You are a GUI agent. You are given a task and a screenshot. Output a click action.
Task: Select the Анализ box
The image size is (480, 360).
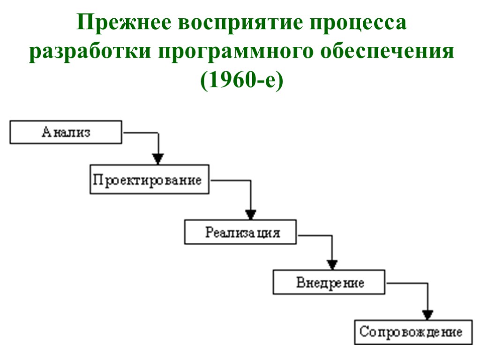tap(66, 132)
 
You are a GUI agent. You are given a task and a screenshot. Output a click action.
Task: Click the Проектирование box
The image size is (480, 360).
tap(150, 180)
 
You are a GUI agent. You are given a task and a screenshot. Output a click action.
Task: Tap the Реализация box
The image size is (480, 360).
tap(240, 232)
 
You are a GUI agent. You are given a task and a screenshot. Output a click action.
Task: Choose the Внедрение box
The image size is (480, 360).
tap(330, 283)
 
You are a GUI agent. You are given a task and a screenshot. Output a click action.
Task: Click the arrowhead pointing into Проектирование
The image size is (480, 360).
tap(159, 158)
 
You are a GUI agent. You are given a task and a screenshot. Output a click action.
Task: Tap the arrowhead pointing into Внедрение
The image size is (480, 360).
tap(332, 264)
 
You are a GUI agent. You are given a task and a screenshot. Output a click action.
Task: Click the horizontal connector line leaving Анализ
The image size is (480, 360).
tap(141, 133)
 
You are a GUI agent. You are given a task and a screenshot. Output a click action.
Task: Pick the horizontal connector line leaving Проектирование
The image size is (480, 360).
tap(230, 180)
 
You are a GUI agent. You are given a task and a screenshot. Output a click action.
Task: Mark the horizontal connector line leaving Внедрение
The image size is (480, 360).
tap(406, 283)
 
